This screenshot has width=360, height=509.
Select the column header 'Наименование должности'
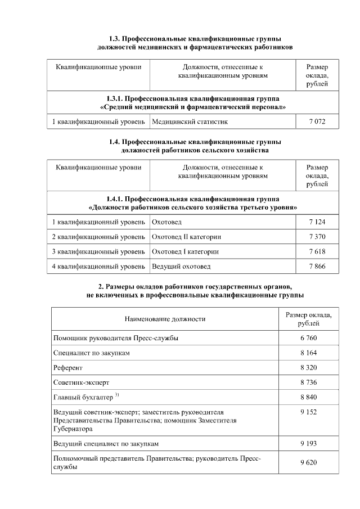coord(165,319)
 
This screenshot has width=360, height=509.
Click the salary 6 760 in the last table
coord(308,338)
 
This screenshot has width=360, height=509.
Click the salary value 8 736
coord(308,382)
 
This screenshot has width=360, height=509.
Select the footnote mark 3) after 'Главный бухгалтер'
coord(117,395)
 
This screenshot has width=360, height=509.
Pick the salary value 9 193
coord(308,443)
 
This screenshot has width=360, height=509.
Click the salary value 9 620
coord(308,462)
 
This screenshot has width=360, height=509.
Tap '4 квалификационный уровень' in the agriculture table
coord(98,266)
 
